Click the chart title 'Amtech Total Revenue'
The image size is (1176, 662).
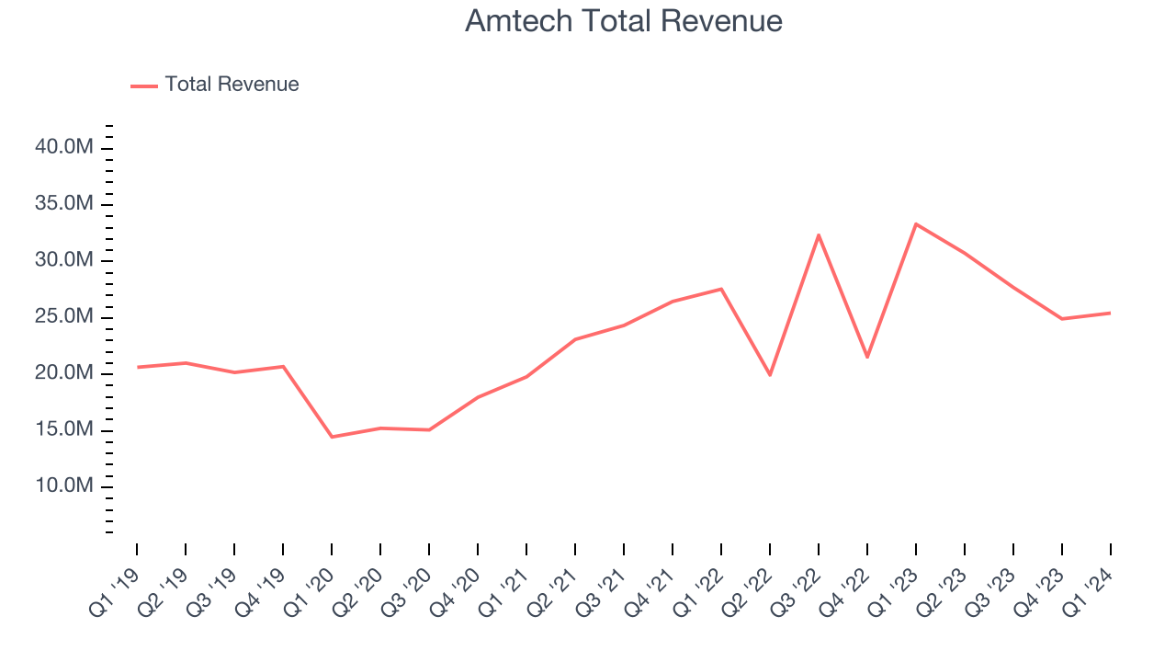click(624, 21)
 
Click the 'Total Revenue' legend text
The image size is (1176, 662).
click(232, 85)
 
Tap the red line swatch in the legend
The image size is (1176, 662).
click(144, 86)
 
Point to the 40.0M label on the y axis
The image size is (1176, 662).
click(62, 147)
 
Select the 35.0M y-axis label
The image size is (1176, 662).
click(62, 203)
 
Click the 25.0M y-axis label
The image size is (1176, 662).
click(62, 316)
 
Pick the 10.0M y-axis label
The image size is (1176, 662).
click(62, 485)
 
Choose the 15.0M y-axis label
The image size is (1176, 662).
click(62, 429)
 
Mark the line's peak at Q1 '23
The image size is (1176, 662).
click(916, 223)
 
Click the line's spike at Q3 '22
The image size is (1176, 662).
click(819, 234)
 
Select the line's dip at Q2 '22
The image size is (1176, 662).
click(770, 375)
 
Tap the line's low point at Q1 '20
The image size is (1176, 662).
click(332, 437)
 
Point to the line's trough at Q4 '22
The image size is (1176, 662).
click(867, 357)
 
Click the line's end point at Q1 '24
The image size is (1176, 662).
click(1110, 313)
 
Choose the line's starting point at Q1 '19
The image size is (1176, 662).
click(137, 367)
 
